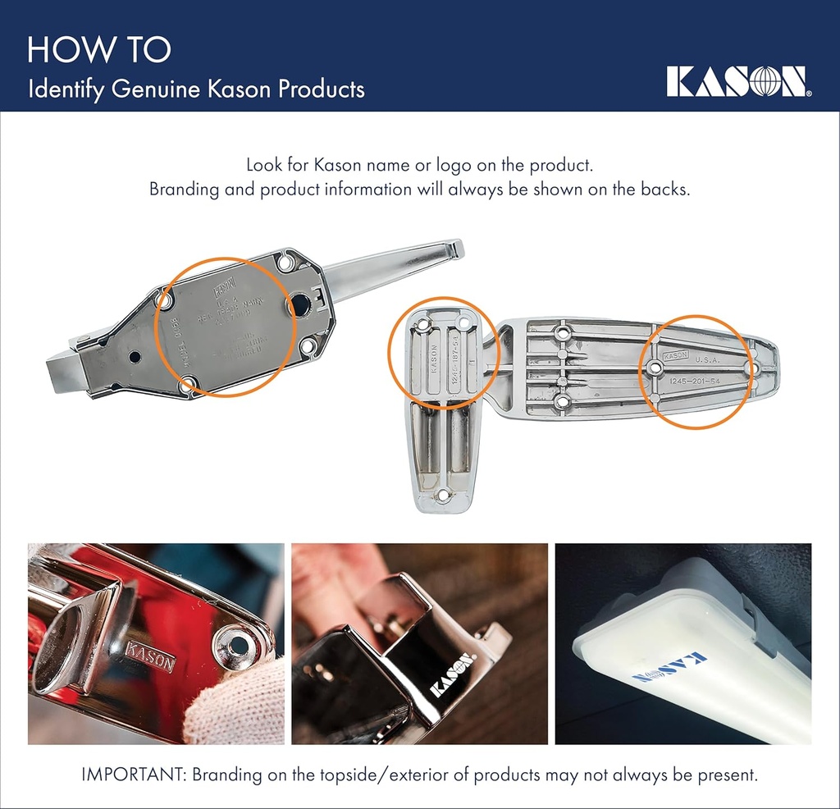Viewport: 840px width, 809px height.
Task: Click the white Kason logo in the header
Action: [737, 81]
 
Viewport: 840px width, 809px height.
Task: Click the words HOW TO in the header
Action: [98, 50]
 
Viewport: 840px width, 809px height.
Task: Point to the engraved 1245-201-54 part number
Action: [695, 380]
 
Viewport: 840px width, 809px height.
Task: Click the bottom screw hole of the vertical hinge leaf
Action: [442, 496]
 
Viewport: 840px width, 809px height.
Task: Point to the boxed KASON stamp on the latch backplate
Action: [224, 290]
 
